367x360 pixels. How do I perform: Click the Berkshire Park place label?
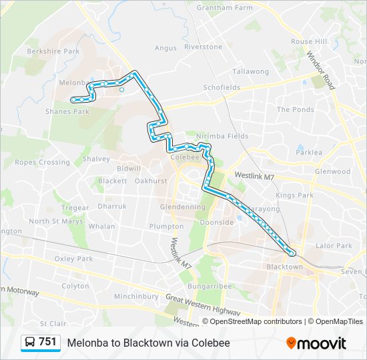(53, 51)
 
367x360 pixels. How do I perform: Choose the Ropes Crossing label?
(42, 162)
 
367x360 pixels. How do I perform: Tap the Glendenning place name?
(183, 207)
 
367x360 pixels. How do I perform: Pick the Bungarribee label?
(209, 286)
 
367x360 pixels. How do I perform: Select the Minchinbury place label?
(136, 296)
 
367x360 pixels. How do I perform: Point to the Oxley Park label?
(74, 259)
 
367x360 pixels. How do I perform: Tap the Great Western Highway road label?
(203, 305)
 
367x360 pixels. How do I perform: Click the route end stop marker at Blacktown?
(292, 253)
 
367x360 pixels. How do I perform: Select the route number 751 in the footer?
(47, 342)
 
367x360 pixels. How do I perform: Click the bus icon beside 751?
(30, 343)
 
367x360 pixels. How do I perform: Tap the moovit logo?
(316, 343)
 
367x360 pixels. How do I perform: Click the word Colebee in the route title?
(212, 343)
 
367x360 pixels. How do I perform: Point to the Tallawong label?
(250, 71)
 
